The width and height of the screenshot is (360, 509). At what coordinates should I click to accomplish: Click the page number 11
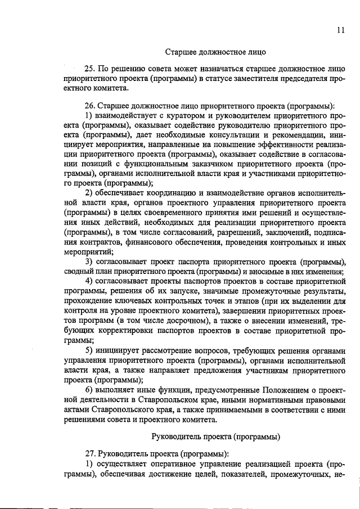tap(341, 30)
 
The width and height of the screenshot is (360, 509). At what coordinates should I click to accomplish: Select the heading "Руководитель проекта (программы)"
tap(217, 436)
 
